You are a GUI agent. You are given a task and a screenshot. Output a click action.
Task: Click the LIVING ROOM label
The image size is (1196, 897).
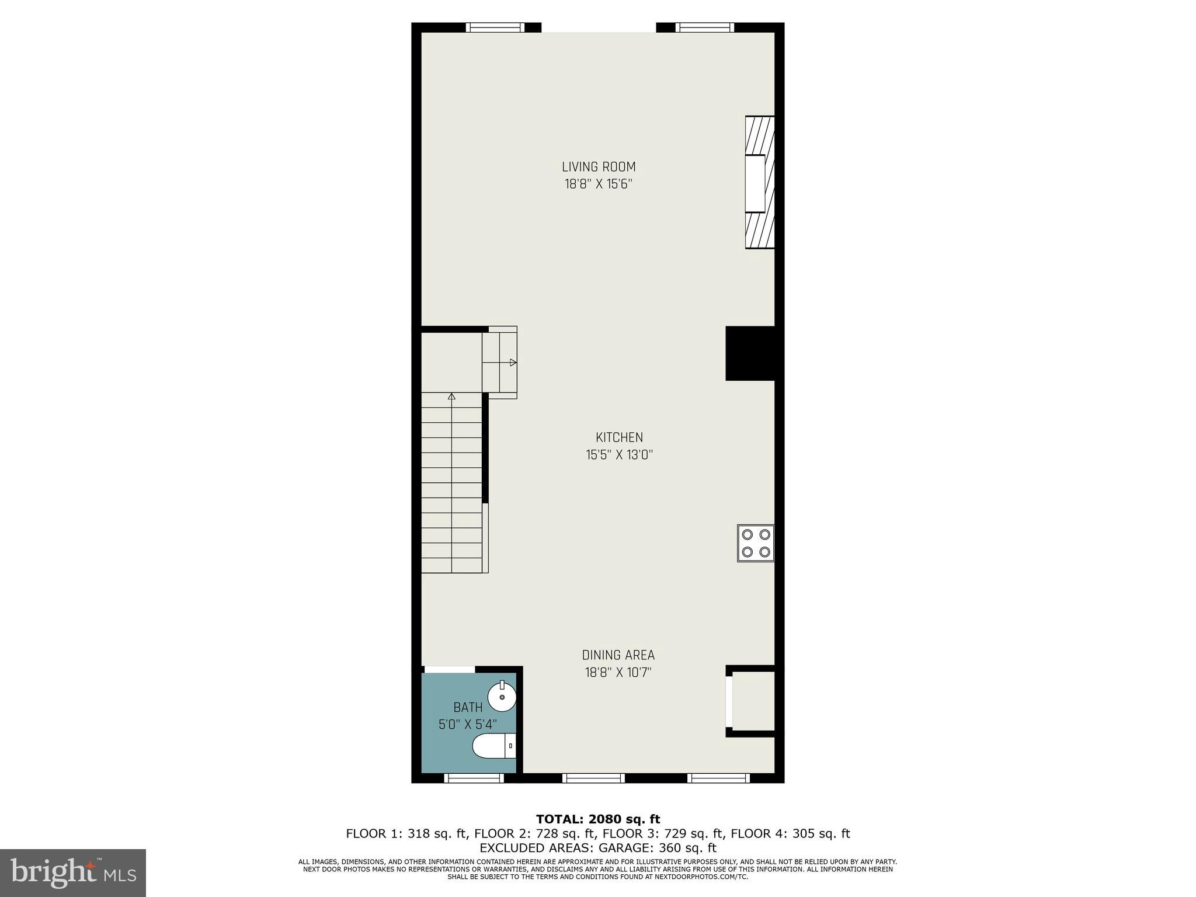click(599, 167)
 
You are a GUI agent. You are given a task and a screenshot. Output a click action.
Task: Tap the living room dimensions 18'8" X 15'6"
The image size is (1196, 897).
click(599, 185)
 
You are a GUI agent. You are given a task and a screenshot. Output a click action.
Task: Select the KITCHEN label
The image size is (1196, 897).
click(619, 437)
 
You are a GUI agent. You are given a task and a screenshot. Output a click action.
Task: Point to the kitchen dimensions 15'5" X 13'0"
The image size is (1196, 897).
click(619, 455)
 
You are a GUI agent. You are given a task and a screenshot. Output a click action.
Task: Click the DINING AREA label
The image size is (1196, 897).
click(618, 655)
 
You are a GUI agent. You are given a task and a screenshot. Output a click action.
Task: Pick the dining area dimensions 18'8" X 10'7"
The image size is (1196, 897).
click(618, 673)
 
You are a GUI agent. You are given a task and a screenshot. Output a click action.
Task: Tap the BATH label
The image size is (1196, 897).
click(468, 708)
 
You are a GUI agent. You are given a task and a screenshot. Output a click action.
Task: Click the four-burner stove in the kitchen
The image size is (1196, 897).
click(756, 543)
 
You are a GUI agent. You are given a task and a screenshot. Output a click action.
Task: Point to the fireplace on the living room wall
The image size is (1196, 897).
click(759, 182)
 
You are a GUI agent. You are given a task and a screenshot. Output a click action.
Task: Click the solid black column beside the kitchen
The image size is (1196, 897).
click(750, 353)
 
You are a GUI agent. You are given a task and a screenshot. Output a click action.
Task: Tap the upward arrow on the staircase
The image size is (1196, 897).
click(451, 397)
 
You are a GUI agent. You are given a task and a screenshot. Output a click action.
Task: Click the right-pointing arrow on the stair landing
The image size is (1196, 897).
click(513, 363)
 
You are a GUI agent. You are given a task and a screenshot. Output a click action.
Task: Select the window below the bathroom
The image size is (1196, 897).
click(474, 778)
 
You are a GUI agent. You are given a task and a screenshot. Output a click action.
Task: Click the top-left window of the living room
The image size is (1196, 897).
click(495, 27)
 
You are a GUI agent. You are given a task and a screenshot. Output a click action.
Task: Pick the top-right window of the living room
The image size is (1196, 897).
click(704, 27)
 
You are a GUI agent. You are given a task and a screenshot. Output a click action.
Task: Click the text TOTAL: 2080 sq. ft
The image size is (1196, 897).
click(598, 819)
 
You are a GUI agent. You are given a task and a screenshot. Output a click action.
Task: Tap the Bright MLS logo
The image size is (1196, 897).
click(72, 872)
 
